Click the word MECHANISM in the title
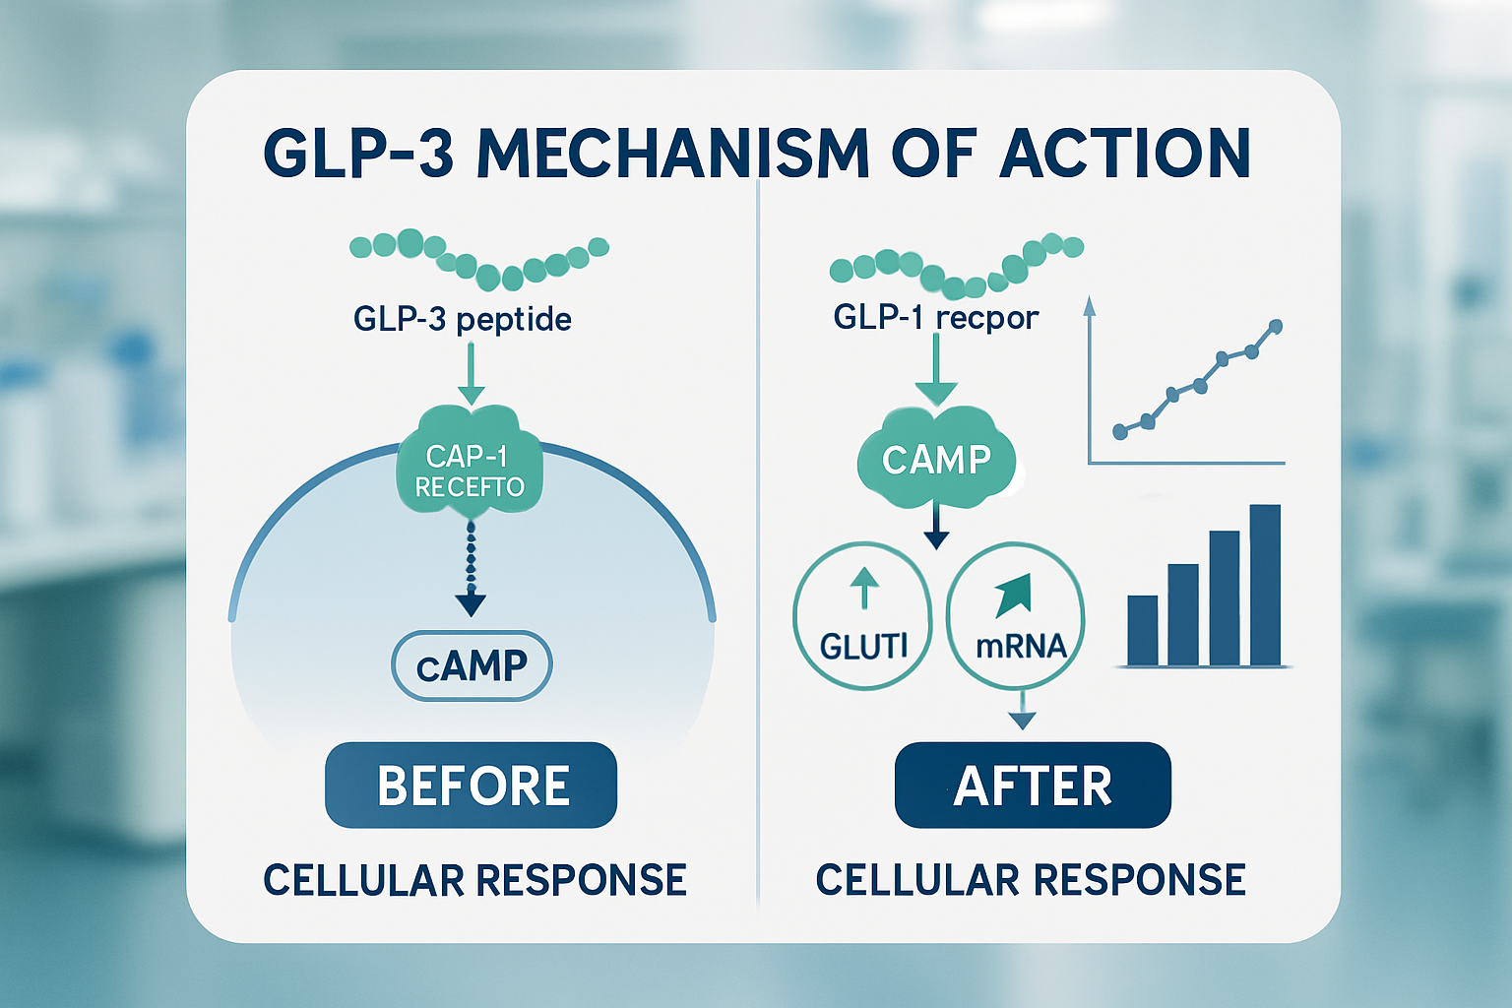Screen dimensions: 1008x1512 673,155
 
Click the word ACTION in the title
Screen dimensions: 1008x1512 1124,155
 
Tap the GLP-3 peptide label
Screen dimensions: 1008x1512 462,319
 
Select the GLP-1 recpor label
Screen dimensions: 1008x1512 935,317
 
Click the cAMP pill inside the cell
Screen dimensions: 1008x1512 472,665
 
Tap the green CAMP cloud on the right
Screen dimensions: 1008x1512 936,459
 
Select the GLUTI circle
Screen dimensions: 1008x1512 862,616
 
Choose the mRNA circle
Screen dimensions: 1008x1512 1015,616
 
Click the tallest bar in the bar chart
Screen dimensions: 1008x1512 1265,586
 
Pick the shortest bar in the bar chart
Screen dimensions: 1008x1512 1142,630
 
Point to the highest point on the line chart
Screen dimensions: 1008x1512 1276,326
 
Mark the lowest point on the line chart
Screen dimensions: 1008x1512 1119,431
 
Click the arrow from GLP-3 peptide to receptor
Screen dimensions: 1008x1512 472,374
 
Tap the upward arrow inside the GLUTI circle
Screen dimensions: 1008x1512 863,588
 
